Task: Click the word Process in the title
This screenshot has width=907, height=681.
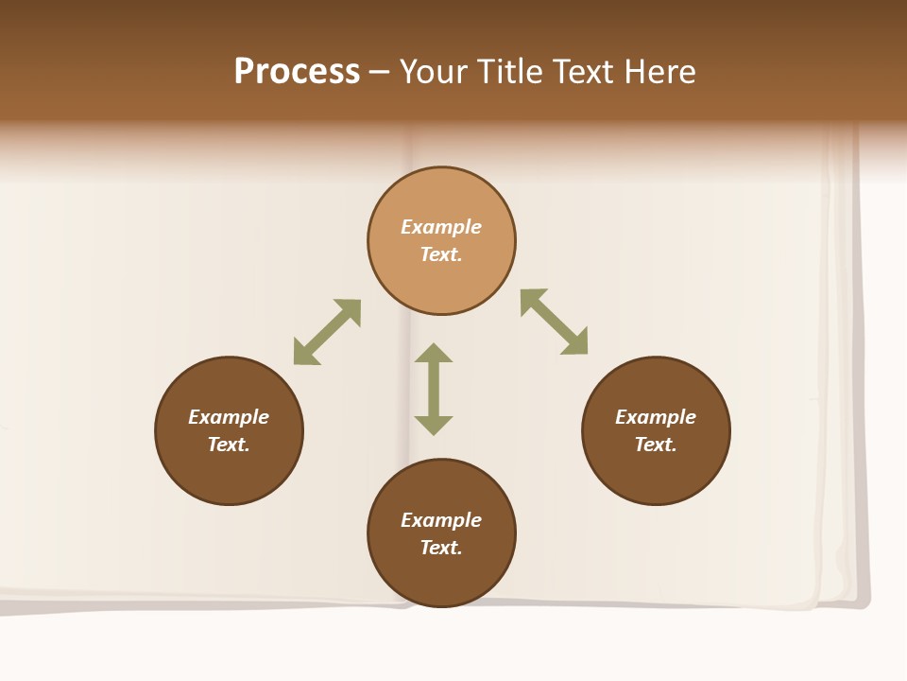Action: [x=297, y=72]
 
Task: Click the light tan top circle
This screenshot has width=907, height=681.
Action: [x=441, y=241]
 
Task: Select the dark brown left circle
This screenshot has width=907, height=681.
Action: [x=229, y=430]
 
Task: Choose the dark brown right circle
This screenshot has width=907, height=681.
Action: [x=656, y=430]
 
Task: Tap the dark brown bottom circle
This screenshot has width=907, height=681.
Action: [x=441, y=533]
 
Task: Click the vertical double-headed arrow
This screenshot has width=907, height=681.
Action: [x=434, y=390]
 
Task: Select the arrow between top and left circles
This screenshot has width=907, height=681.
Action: [x=327, y=332]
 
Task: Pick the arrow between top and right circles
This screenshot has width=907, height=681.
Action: [x=555, y=322]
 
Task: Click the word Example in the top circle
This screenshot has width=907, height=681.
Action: [x=441, y=227]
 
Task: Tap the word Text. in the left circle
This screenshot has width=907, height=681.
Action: [x=229, y=445]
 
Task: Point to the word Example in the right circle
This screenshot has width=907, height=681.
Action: [x=656, y=417]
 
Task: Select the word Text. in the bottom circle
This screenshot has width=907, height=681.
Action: [x=441, y=548]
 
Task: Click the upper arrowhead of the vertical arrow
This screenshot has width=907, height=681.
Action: [x=434, y=353]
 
